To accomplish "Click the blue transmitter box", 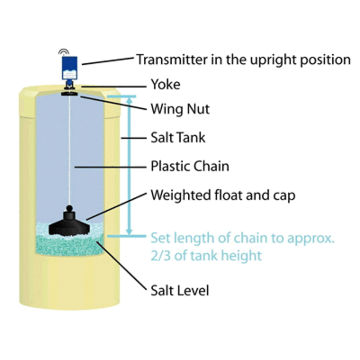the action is pos(69,68).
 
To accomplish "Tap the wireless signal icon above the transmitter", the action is pos(64,52).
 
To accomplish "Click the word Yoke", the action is pos(166,85).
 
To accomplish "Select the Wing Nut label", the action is pos(180,109).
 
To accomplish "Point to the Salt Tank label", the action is pos(178,138).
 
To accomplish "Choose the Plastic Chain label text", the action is pos(190,166).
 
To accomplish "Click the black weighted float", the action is pos(69,224).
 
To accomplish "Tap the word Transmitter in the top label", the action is pos(172,60).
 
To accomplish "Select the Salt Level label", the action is pos(180,291).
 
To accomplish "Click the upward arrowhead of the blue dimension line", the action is pos(129,100).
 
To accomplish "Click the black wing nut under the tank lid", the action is pos(69,94).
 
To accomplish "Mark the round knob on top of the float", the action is pos(69,209).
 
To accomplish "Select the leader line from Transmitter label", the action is pos(108,61).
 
